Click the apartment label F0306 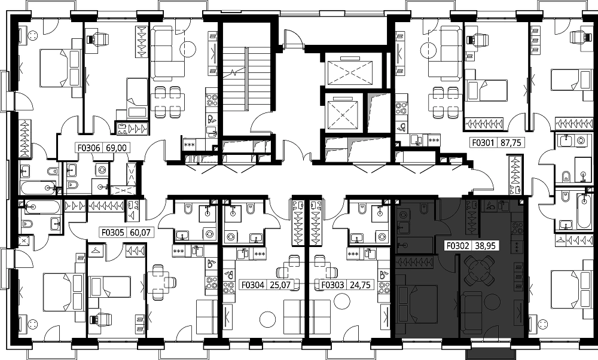coord(89,148)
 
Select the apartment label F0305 coord(112,232)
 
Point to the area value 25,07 coord(280,285)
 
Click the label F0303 coord(332,285)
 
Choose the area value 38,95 coord(486,246)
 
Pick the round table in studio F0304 coord(267,319)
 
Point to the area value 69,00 coord(118,148)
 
